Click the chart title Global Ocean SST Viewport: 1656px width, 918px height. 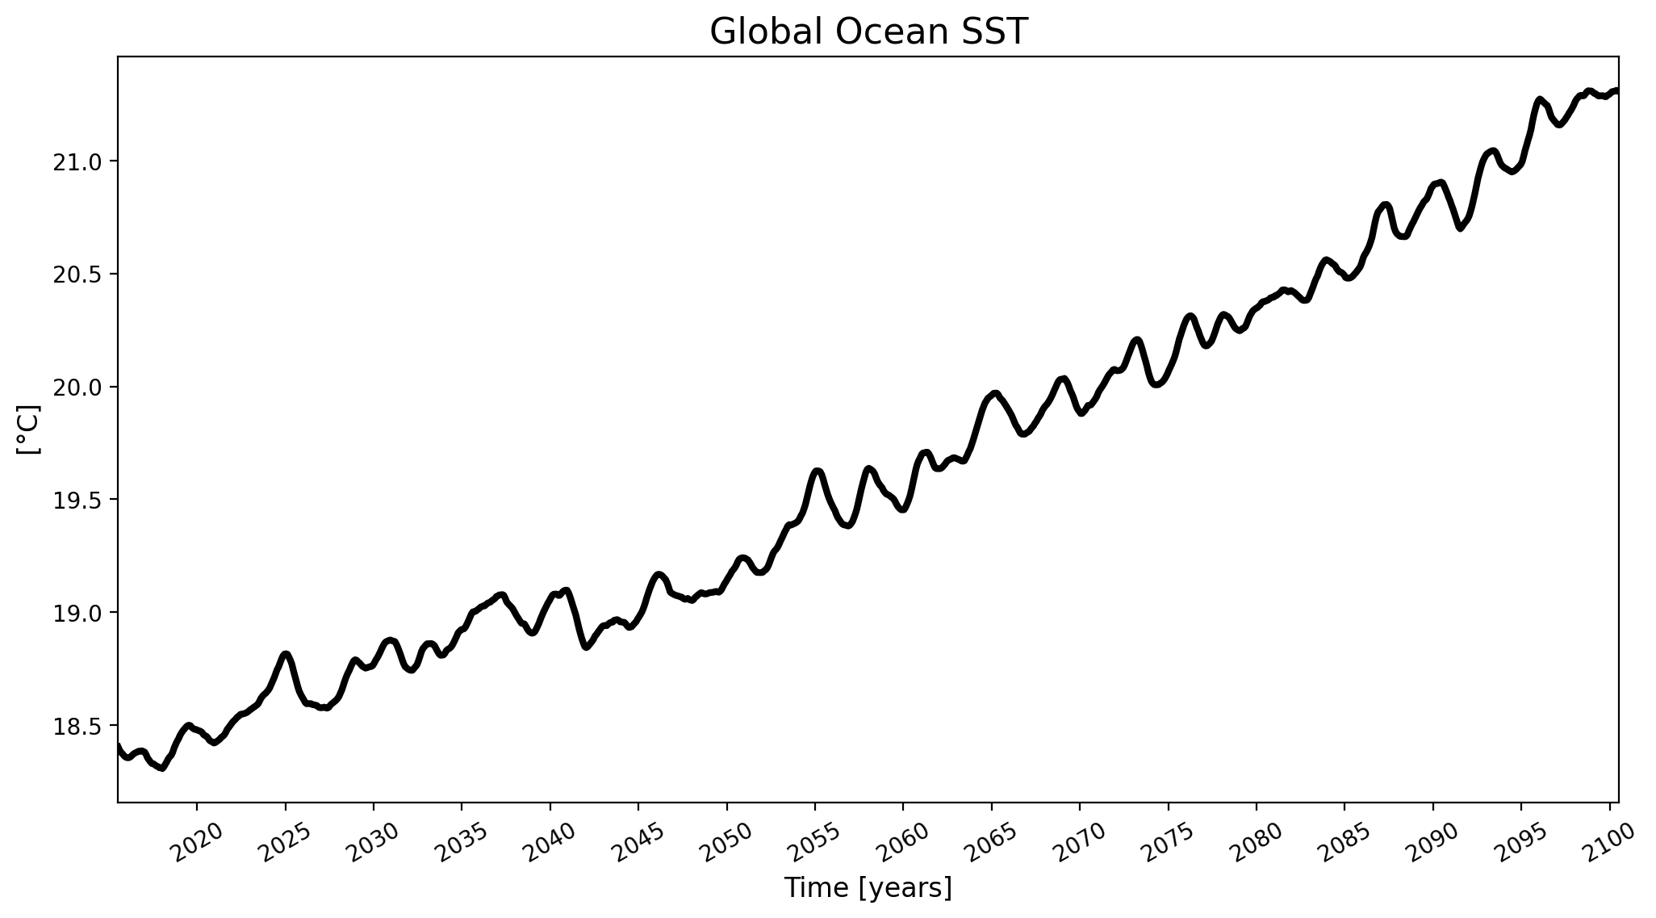[x=868, y=32]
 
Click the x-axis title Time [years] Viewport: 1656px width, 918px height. [x=868, y=888]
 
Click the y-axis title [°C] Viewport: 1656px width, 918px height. [x=29, y=430]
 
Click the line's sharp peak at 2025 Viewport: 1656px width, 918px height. [x=286, y=653]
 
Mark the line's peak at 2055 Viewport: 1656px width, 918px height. [x=818, y=470]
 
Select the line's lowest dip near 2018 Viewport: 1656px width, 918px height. [x=162, y=768]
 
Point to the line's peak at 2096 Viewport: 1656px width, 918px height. [x=1540, y=99]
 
